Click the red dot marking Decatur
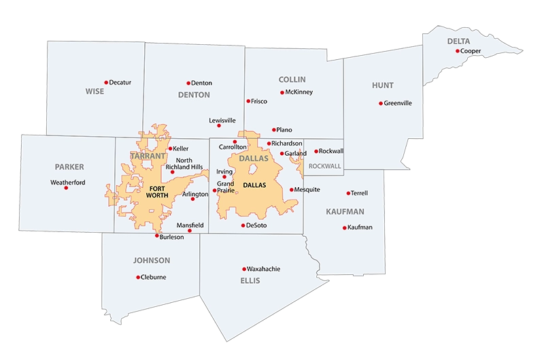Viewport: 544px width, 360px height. [106, 82]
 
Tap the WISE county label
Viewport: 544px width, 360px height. [95, 91]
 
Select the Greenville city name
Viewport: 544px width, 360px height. [398, 103]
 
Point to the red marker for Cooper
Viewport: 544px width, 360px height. [458, 51]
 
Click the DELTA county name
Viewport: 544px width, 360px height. [458, 42]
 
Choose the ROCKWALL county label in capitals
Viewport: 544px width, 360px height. [324, 165]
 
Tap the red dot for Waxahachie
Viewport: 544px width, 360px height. [244, 269]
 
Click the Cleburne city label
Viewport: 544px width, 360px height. [154, 277]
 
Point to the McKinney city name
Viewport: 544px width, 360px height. [299, 92]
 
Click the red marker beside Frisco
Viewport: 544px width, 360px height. [248, 101]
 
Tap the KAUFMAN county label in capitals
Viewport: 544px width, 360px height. [345, 212]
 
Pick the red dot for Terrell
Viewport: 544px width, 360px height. [348, 193]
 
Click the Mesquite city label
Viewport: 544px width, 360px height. [307, 190]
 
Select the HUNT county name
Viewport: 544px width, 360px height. [382, 86]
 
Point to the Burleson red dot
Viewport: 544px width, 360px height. [157, 236]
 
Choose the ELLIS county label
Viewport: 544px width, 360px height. [250, 280]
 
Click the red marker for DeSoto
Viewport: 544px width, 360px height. [243, 225]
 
